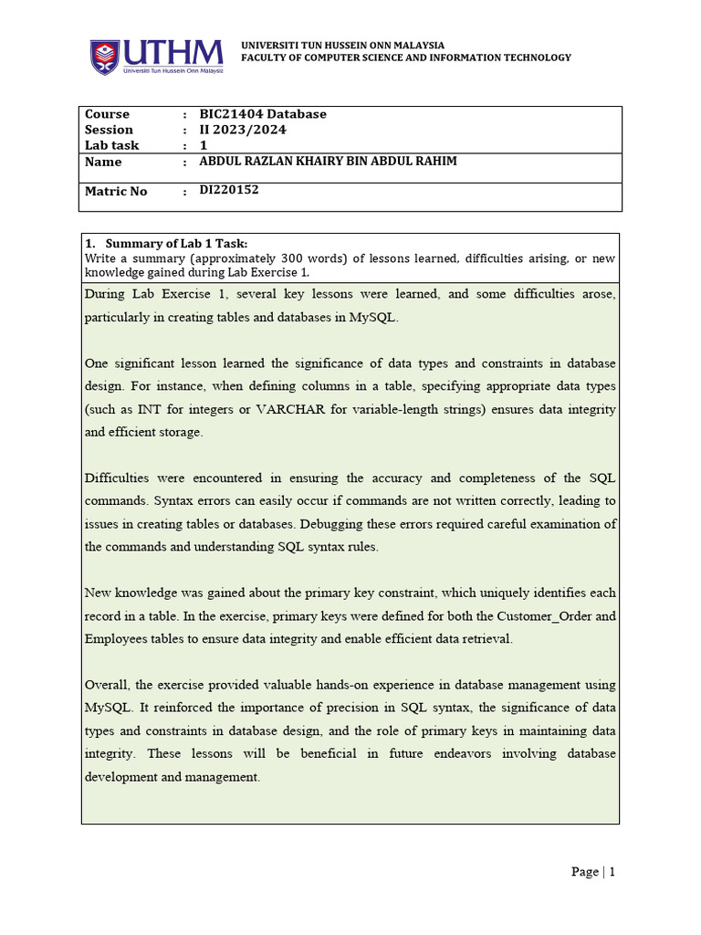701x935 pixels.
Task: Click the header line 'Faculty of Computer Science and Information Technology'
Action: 405,58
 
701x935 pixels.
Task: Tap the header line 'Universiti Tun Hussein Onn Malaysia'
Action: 342,45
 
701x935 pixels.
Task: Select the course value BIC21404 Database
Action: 262,114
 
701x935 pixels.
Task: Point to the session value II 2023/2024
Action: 242,130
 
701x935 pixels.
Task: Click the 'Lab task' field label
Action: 111,145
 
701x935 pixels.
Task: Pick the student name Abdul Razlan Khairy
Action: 328,162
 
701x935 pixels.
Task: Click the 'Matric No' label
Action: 115,192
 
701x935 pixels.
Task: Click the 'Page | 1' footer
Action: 593,872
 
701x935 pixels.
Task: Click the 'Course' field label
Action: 107,114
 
